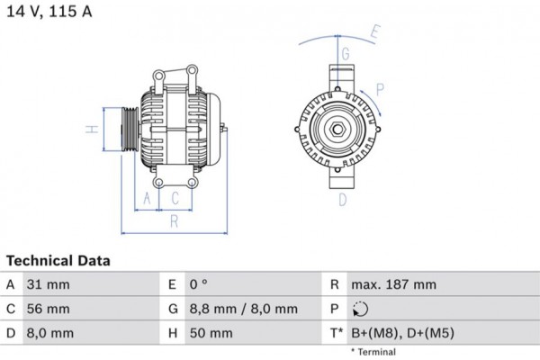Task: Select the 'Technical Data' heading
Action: [58, 261]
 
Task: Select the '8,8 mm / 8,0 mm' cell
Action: [243, 310]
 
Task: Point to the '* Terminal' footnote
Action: [374, 350]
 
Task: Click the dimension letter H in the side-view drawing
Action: [92, 130]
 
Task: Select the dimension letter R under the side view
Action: [174, 220]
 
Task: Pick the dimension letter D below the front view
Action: [342, 200]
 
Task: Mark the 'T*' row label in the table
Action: [337, 334]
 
